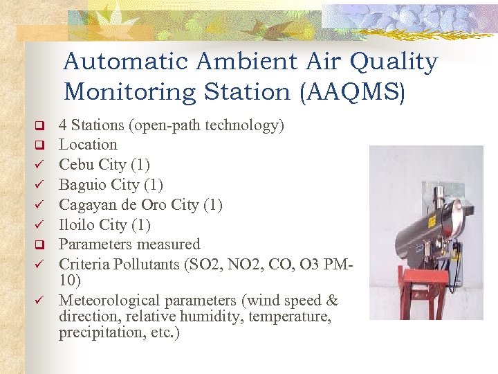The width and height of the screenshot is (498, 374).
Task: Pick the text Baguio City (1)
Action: click(111, 185)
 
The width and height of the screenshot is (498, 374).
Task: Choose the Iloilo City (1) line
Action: click(104, 225)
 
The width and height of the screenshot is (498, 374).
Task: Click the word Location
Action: click(88, 145)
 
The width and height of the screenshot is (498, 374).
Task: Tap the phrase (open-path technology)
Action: click(207, 125)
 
